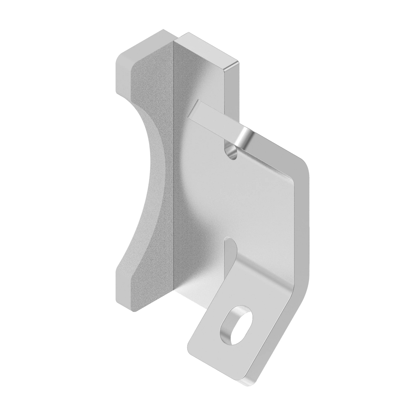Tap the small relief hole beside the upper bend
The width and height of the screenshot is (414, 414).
[231, 151]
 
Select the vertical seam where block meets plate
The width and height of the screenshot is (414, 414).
[174, 172]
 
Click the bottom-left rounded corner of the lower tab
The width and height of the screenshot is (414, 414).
[191, 348]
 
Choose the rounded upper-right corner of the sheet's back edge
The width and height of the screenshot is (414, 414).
[304, 166]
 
